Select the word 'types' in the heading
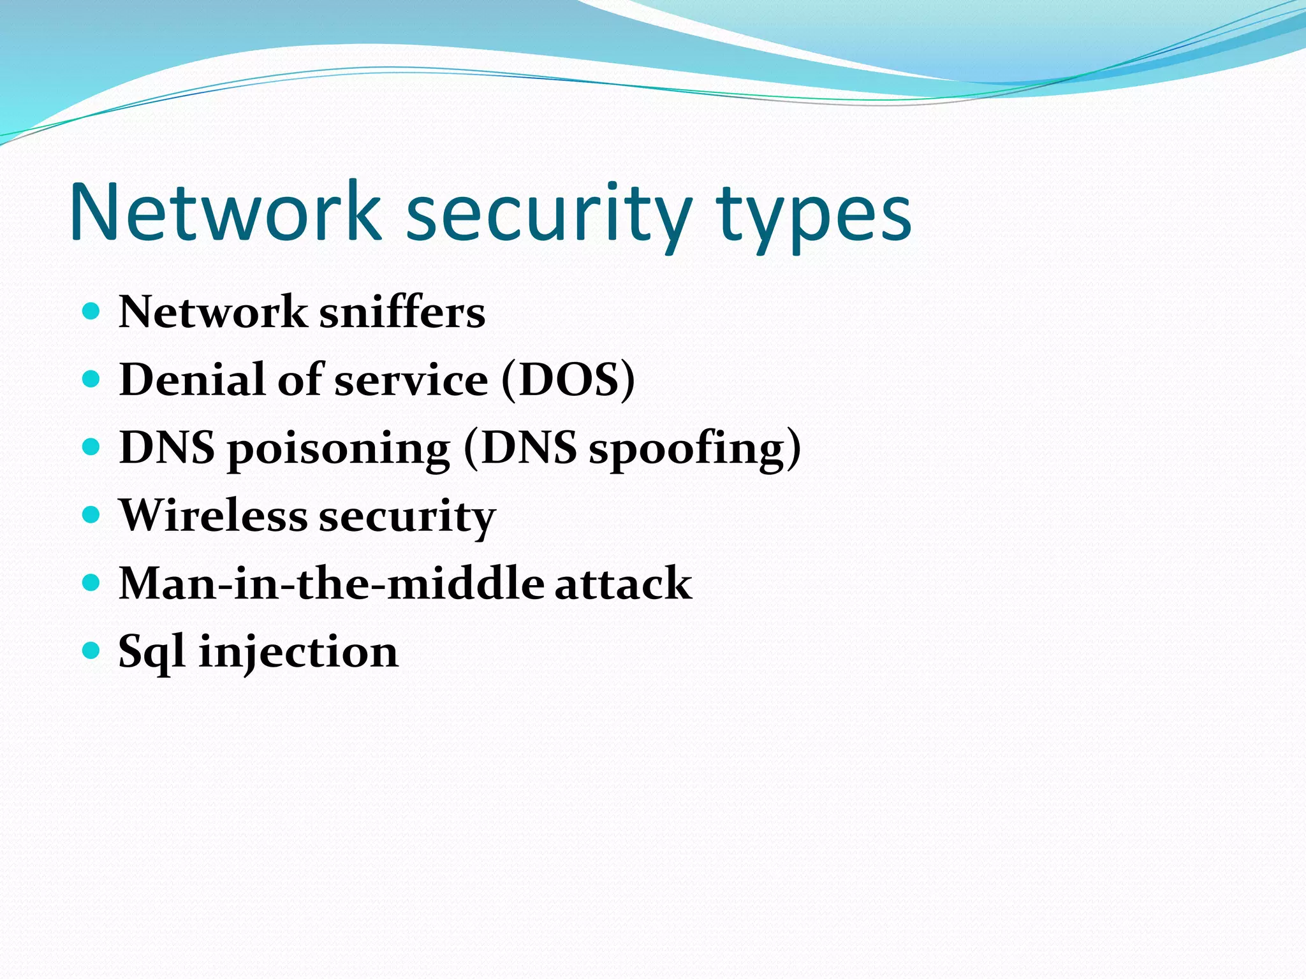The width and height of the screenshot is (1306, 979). pos(813,217)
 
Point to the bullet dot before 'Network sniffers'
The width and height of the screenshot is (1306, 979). pos(92,311)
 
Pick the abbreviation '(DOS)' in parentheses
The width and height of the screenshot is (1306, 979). pos(568,381)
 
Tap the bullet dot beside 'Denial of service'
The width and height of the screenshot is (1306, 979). pos(92,379)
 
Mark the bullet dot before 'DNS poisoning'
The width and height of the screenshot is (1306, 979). pos(92,447)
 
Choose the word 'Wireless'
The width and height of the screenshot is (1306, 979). pos(213,516)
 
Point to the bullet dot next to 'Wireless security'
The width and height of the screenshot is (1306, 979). pos(92,515)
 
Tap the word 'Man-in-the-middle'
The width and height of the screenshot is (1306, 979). pos(332,583)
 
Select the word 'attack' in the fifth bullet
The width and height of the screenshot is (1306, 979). pos(623,583)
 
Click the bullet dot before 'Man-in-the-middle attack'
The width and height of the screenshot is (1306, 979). pos(92,583)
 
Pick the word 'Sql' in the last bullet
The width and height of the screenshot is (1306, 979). pos(152,652)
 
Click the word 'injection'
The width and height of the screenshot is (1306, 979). pos(298,652)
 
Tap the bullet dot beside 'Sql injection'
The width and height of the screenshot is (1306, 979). pos(92,651)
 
